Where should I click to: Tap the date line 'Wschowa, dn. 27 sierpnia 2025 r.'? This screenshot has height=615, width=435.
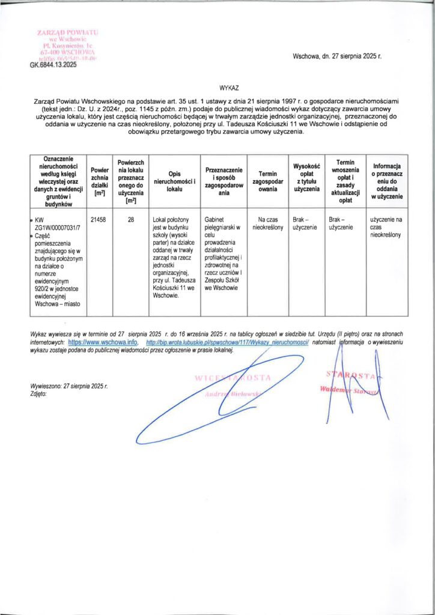pos(337,56)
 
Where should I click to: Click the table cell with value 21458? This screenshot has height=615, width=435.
pos(98,220)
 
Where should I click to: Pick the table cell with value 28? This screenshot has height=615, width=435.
pos(130,220)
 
